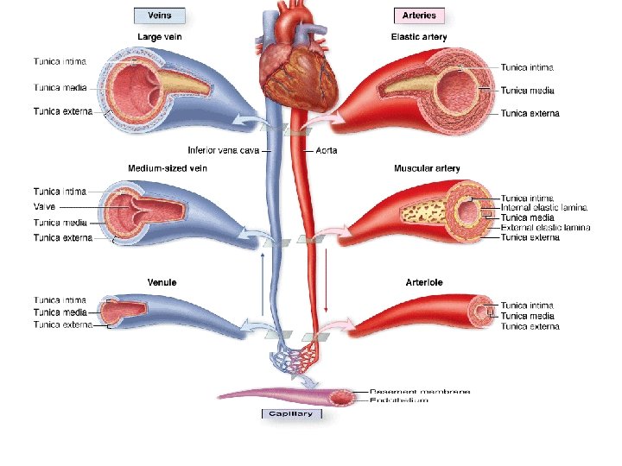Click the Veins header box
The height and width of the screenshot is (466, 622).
[159, 16]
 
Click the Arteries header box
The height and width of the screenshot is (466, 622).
[419, 16]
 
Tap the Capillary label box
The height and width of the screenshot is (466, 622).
[291, 413]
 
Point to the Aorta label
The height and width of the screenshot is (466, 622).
[325, 150]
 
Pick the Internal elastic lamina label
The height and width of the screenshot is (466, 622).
[544, 208]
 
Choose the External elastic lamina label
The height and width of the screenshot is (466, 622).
[546, 227]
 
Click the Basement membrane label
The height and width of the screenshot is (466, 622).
[420, 391]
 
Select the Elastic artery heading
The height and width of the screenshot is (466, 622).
[420, 37]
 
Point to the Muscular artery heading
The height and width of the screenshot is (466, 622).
[427, 168]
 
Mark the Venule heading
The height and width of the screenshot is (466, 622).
[163, 282]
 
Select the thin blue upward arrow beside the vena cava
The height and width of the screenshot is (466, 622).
[262, 285]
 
